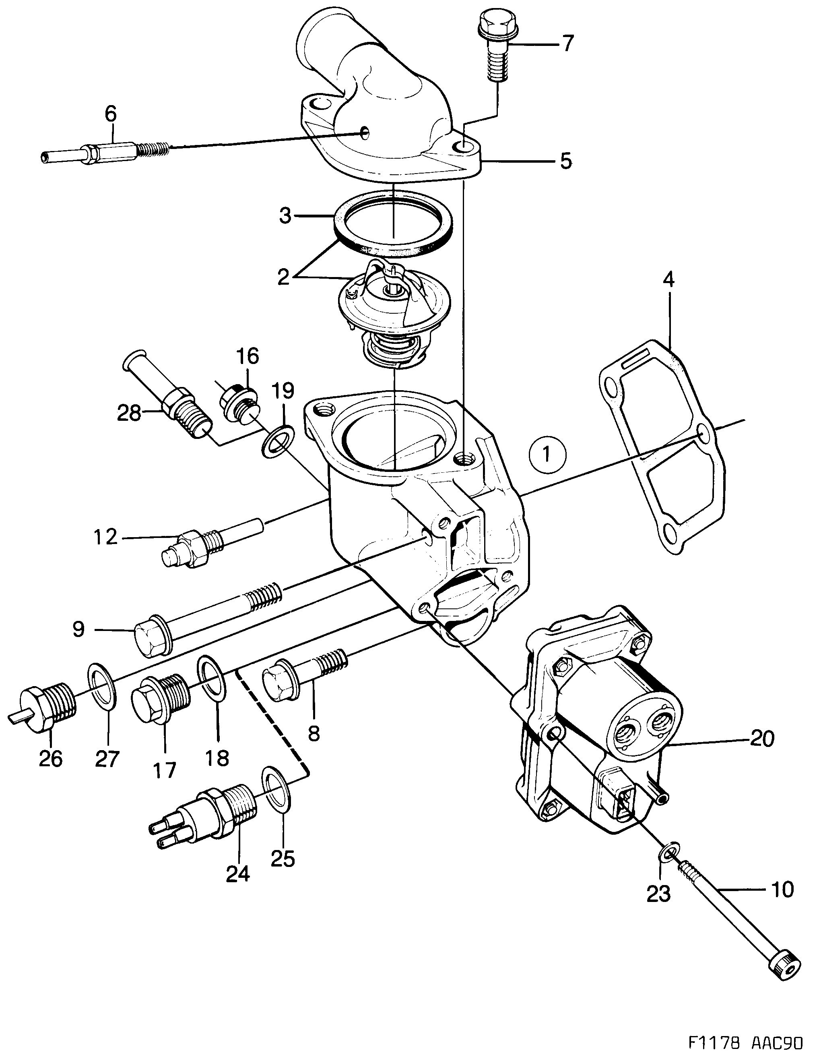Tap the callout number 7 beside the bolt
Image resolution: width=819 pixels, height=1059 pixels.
[x=567, y=43]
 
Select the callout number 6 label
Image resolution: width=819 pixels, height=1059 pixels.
[x=111, y=114]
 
